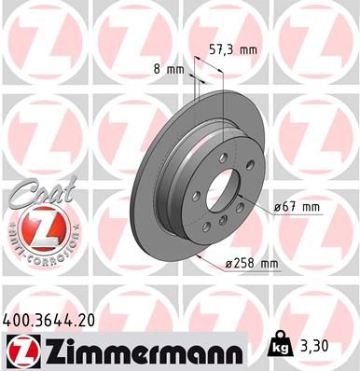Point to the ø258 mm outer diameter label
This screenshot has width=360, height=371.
(x=251, y=264)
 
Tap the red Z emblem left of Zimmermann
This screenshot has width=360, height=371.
(x=21, y=350)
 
